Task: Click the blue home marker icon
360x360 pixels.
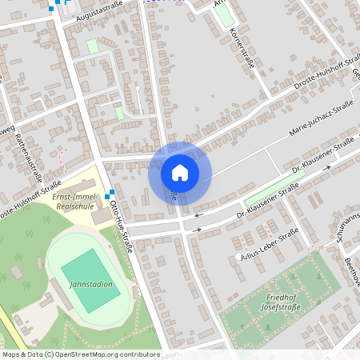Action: [x=180, y=172]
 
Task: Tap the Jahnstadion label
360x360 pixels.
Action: [x=90, y=283]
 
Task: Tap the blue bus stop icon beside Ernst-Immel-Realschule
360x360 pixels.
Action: [x=110, y=194]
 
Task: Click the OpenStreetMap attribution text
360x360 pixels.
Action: [x=81, y=354]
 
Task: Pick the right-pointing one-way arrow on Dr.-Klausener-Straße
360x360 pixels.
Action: [x=196, y=230]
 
